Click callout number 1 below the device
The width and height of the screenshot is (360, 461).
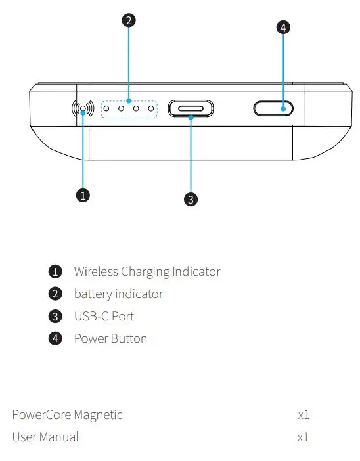pos(83,195)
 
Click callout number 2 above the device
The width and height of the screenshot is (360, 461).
pos(129,20)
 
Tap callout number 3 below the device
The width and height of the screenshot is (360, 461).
pos(191,200)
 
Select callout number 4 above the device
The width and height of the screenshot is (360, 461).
pos(282,28)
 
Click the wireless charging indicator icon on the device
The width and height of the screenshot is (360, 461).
pos(82,109)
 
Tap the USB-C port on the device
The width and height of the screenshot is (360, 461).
pos(191,109)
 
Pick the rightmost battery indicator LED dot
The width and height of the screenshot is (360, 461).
pos(150,109)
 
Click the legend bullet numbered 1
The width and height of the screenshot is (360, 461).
pos(56,272)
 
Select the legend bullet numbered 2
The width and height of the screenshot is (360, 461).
pos(56,294)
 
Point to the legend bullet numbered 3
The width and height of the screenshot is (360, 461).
pos(56,317)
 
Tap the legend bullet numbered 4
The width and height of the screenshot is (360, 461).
pos(56,339)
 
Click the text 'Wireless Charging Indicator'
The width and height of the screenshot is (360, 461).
pos(147,271)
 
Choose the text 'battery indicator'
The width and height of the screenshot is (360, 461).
pos(118,294)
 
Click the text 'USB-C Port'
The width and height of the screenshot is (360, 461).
pos(104,316)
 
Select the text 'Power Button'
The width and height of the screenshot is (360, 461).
pos(110,338)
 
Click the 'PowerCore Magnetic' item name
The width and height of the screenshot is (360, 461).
pos(67,414)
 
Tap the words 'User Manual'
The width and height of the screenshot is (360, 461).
pos(45,437)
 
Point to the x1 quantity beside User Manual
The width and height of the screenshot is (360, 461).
pos(303,437)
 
